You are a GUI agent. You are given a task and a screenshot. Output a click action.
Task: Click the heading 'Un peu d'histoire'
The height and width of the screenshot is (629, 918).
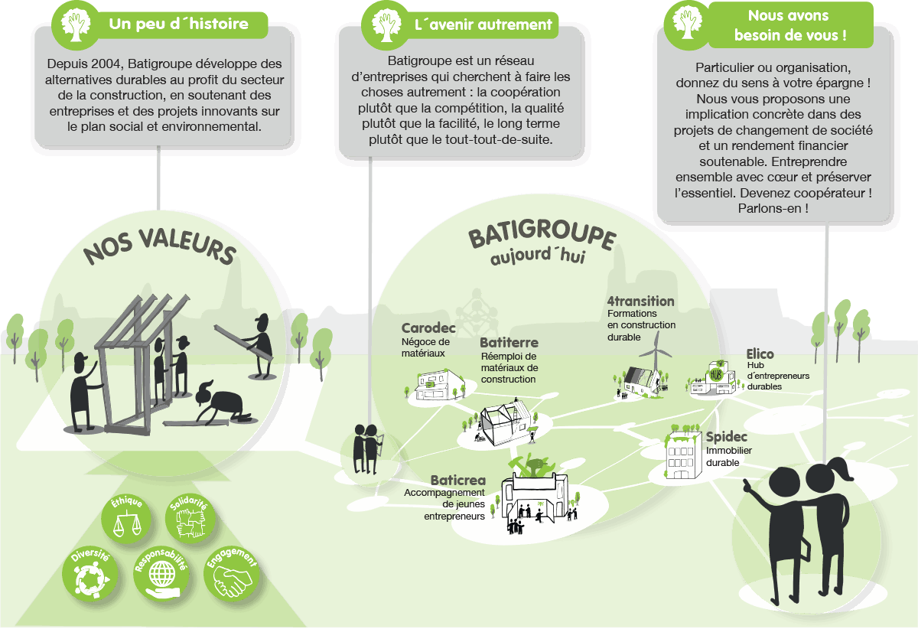click(178, 24)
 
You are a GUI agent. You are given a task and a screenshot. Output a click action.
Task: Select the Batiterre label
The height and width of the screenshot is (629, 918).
click(509, 343)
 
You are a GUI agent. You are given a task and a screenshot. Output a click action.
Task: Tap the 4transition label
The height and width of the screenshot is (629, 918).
click(640, 301)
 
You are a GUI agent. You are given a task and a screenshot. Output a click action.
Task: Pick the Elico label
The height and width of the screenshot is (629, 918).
click(760, 354)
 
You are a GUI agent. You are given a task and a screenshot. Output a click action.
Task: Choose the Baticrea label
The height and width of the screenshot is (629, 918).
click(457, 480)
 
